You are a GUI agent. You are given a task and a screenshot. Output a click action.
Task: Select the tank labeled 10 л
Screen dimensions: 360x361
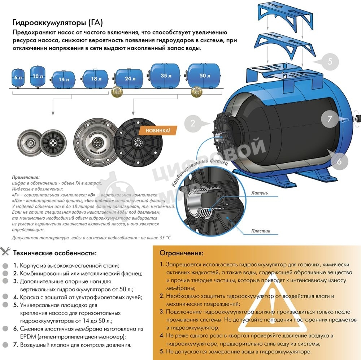click(x=37, y=76)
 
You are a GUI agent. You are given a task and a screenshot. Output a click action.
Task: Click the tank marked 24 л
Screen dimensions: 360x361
click(x=129, y=78)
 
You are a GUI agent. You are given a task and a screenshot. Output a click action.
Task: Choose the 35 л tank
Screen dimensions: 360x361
click(x=165, y=76)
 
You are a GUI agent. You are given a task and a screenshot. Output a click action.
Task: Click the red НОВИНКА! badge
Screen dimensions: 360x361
click(x=156, y=130)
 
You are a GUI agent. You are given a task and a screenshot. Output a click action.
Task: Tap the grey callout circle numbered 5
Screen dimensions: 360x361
click(x=330, y=61)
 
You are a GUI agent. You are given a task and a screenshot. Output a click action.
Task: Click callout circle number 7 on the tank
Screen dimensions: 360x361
click(x=330, y=118)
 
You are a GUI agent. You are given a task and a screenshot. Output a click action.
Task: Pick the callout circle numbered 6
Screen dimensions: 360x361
click(x=339, y=161)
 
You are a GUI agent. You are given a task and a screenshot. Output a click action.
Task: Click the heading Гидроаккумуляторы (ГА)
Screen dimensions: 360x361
click(x=58, y=22)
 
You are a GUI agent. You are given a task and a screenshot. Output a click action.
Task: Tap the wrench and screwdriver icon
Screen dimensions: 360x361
click(x=6, y=252)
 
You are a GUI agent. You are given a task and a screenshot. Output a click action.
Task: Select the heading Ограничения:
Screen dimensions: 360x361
click(x=181, y=253)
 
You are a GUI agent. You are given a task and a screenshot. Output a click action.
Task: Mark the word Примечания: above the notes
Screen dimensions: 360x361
click(x=26, y=178)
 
